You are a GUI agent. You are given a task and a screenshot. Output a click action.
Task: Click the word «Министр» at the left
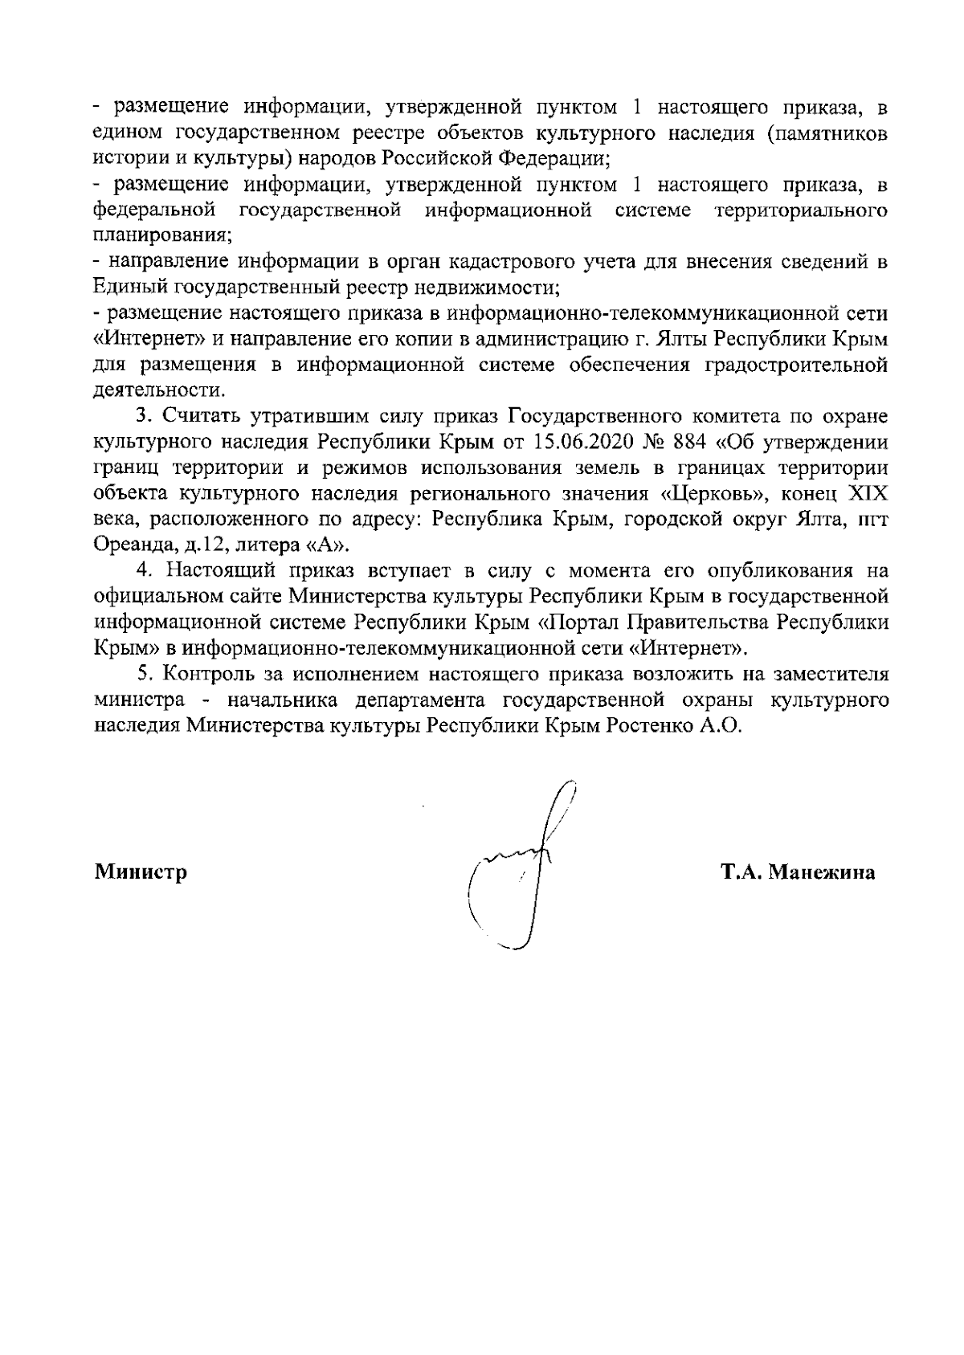[141, 872]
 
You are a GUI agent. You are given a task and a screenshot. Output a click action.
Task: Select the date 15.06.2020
[580, 443]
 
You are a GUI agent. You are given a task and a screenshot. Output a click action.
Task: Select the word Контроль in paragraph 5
[209, 674]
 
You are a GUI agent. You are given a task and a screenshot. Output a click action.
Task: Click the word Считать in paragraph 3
[204, 417]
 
